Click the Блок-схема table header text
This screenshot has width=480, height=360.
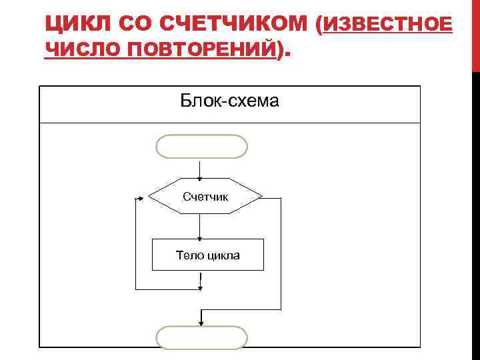point(229,101)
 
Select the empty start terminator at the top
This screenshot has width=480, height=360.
point(201,147)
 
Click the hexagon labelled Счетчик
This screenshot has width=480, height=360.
point(205,197)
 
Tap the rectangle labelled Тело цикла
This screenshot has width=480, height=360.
point(208,255)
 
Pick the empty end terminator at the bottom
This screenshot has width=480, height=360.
point(201,337)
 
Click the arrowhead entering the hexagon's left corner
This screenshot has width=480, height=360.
point(140,197)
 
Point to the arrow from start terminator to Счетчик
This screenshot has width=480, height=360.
point(201,169)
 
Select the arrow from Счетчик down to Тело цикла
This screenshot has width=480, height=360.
point(201,227)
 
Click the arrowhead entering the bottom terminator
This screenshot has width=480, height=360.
point(201,322)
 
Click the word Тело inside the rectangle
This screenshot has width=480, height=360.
point(188,255)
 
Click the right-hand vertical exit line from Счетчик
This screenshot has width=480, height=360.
point(281,253)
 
